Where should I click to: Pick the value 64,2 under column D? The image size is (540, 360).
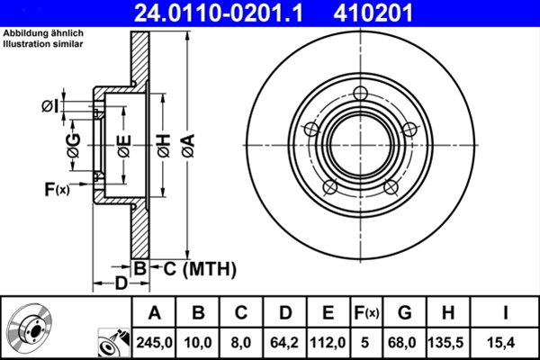pyautogui.click(x=285, y=342)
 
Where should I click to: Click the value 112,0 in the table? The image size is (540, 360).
pyautogui.click(x=328, y=342)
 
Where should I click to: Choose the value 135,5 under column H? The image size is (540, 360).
pyautogui.click(x=453, y=342)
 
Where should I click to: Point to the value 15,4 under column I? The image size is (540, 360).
pyautogui.click(x=507, y=342)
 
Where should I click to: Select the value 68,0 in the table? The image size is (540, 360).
pyautogui.click(x=405, y=342)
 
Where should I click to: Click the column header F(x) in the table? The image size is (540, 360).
pyautogui.click(x=367, y=313)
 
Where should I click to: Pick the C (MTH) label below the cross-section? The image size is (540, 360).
pyautogui.click(x=199, y=268)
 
